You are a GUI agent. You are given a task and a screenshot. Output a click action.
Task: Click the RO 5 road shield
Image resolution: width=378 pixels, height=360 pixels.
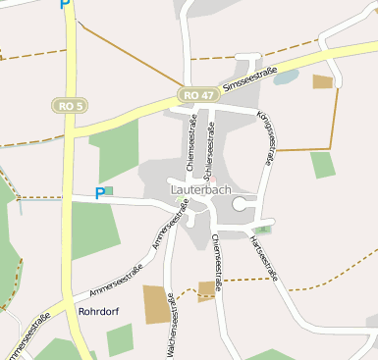(70, 105)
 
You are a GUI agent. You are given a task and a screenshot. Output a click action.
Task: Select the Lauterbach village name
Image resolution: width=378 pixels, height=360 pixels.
(200, 186)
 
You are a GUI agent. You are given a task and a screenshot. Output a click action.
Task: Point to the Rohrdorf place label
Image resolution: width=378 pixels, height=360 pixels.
(98, 312)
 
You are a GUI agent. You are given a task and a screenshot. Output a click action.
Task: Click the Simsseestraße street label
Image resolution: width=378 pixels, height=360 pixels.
(250, 80)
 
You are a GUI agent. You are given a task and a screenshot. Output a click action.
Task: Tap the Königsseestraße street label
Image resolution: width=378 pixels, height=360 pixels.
(265, 130)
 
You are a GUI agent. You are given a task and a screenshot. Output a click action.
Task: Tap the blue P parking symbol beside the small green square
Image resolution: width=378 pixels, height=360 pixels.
(99, 193)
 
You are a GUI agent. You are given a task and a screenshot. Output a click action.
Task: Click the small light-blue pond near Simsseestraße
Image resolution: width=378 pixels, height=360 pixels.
(286, 77)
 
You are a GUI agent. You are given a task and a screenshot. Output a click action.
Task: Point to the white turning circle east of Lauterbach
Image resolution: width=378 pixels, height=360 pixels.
(240, 203)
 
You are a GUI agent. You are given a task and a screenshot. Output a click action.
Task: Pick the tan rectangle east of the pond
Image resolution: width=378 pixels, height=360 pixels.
(323, 81)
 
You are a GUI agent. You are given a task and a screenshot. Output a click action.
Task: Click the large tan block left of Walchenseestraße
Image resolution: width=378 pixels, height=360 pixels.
(156, 304)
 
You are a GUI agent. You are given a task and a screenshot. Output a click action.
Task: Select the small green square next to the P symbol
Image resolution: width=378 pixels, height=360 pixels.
(109, 190)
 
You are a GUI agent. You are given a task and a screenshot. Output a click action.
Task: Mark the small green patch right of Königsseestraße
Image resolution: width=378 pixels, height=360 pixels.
(322, 165)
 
